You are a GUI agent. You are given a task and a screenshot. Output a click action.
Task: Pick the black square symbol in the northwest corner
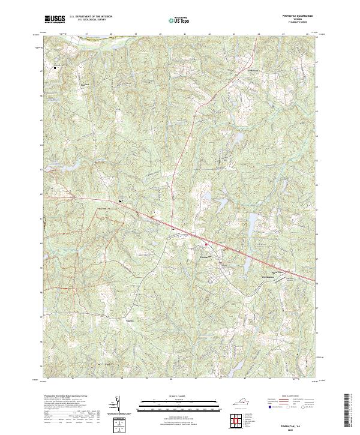tap(55, 68)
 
